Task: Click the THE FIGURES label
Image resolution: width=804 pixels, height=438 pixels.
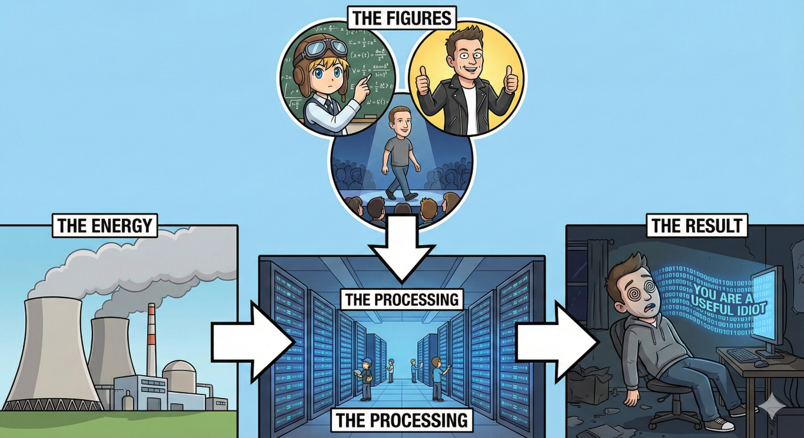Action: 402,18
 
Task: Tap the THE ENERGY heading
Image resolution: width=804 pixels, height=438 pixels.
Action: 105,226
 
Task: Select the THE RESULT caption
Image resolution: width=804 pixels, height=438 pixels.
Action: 697,225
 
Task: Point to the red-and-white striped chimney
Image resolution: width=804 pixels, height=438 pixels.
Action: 152,341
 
